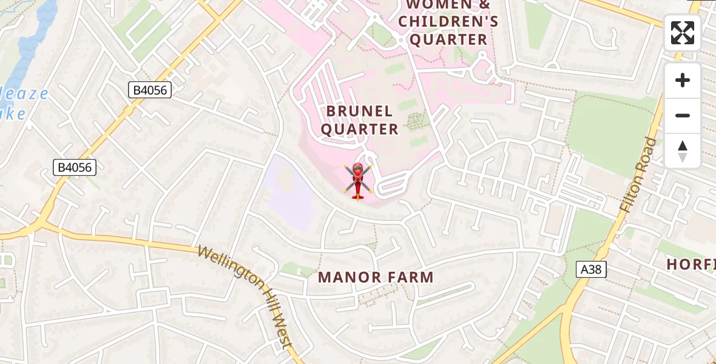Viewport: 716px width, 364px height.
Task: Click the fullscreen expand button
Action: [683, 33]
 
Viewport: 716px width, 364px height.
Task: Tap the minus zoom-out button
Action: [683, 116]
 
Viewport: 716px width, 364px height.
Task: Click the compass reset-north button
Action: [683, 151]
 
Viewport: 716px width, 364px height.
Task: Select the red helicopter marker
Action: [357, 180]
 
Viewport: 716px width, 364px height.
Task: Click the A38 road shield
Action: [590, 269]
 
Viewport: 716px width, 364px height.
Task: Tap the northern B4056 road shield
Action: [150, 90]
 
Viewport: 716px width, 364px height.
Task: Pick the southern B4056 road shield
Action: [75, 167]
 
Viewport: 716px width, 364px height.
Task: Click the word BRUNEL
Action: [359, 111]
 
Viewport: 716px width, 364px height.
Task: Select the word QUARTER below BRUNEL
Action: [359, 129]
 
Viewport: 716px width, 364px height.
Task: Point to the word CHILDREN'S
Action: [448, 22]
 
